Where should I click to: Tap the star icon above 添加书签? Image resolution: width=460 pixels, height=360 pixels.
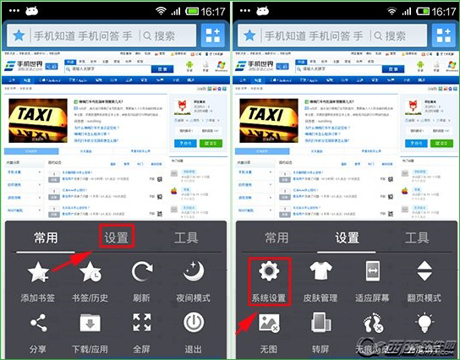click(x=38, y=273)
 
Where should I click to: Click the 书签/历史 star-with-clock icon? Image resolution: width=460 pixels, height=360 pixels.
click(x=91, y=273)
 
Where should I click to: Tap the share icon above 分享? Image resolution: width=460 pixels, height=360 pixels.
click(x=38, y=322)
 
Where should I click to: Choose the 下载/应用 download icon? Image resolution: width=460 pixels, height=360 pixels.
click(x=91, y=322)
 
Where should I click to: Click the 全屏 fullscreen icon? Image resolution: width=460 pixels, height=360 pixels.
click(x=142, y=322)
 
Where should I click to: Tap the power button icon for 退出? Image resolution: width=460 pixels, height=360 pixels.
click(x=194, y=322)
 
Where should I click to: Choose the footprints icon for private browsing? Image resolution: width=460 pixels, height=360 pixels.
click(x=373, y=324)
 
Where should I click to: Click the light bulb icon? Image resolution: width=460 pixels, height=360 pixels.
click(x=424, y=322)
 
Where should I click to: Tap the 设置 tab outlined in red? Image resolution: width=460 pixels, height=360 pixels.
click(x=116, y=237)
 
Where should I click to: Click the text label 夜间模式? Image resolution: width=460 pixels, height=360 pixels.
click(x=194, y=298)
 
